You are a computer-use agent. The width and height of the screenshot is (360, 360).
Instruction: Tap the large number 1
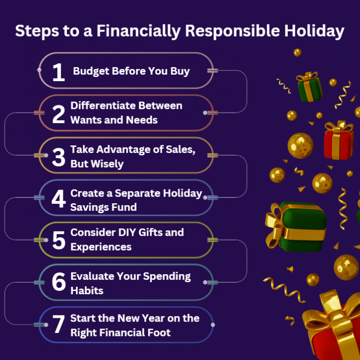tap(58, 72)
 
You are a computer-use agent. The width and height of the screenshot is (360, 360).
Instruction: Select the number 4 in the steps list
tap(58, 199)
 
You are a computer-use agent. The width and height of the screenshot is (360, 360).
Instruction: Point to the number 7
tap(59, 326)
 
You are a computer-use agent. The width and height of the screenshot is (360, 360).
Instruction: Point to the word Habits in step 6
tap(87, 291)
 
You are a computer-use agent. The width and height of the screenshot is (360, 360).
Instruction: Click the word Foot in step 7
tap(158, 333)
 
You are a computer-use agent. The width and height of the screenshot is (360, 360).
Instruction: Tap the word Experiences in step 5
tap(101, 247)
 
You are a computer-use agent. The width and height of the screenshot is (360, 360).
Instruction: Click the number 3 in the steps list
tap(59, 157)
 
